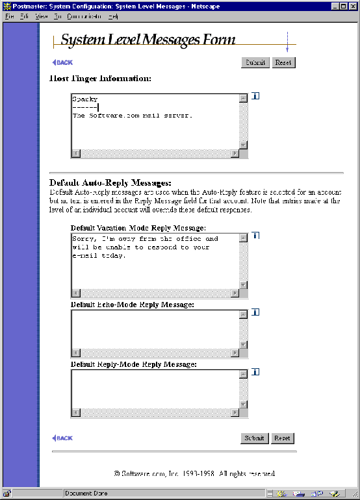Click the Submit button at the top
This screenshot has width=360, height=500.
coord(255,63)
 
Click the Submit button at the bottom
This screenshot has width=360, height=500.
coord(254,438)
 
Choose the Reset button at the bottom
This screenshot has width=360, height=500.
coord(282,438)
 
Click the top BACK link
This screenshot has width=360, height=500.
coord(62,63)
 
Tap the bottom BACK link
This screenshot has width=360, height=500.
coord(62,438)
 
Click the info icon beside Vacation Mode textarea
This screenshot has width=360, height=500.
coord(255,236)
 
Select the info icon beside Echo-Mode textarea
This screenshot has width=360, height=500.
coord(255,312)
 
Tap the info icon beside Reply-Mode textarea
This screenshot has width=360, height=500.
coord(255,372)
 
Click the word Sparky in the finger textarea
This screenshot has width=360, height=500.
coord(84,99)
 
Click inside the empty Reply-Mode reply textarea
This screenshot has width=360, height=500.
coord(155,388)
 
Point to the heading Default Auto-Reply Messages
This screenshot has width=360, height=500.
coord(110,183)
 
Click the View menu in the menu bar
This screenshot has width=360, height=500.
coord(42,16)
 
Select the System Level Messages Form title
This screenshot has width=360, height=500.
coord(148,40)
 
